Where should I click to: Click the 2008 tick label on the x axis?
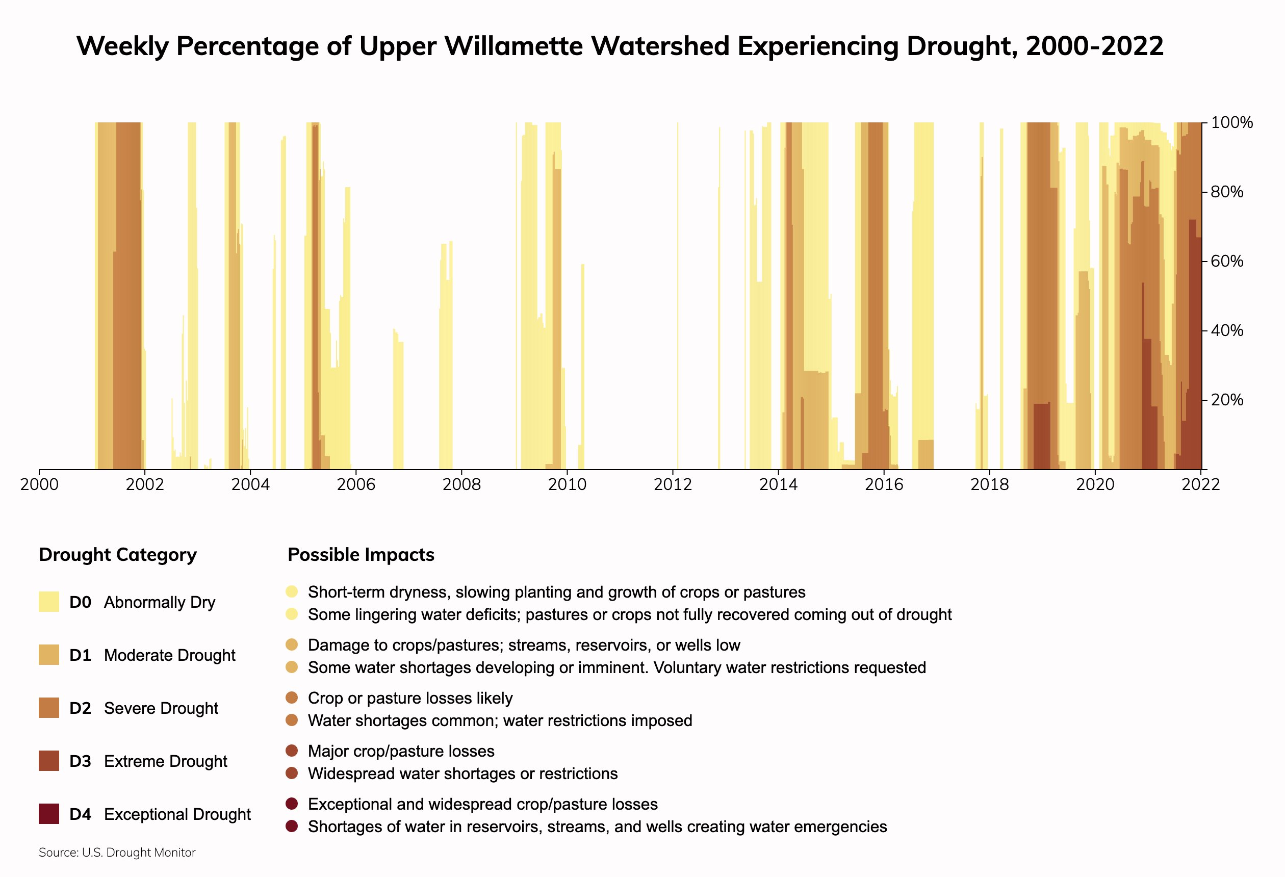click(461, 485)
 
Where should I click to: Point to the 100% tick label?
click(1231, 123)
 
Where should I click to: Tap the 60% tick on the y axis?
click(1226, 261)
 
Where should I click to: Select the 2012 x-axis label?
click(673, 485)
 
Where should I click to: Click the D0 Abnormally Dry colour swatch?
click(48, 602)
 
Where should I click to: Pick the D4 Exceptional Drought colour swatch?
click(48, 814)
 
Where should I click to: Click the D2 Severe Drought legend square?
click(48, 708)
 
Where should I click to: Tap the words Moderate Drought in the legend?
click(169, 655)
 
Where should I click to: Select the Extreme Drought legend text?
click(165, 761)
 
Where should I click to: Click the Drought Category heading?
click(118, 555)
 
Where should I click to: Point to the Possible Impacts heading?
click(361, 555)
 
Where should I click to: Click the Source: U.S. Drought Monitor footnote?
click(117, 853)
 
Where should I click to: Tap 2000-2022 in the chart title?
click(1094, 46)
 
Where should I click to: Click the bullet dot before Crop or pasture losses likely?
click(292, 698)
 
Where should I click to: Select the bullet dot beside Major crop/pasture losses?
click(292, 751)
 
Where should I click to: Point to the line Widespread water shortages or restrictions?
click(462, 773)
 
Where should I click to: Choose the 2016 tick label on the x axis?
click(884, 485)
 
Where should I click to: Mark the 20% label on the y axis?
click(1226, 400)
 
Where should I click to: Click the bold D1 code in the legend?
click(80, 655)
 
